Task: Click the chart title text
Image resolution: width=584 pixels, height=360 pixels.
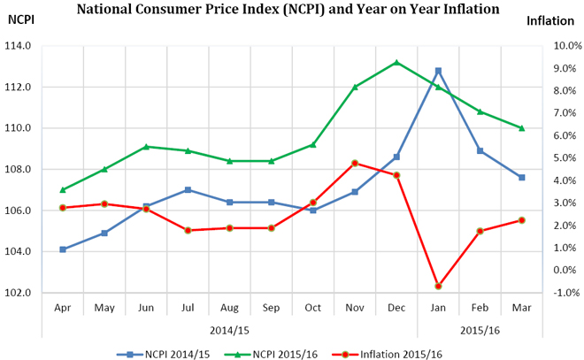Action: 288,9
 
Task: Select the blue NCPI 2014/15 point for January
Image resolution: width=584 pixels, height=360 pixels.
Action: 438,71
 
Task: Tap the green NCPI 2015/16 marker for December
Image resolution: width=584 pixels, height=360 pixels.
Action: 396,62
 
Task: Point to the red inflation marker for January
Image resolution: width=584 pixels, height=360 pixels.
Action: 438,286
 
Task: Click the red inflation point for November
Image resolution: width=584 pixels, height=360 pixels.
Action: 355,163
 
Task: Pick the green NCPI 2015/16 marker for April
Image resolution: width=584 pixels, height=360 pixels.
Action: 62,189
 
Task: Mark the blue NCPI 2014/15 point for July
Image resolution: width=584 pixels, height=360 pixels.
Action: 188,189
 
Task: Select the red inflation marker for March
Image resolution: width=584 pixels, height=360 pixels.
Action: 522,219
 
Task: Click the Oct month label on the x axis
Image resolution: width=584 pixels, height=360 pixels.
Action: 313,309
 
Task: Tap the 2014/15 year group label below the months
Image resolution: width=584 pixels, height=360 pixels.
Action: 229,329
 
